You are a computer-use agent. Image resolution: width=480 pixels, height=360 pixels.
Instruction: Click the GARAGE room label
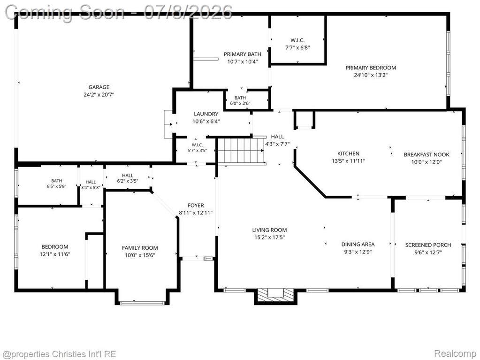[99, 87]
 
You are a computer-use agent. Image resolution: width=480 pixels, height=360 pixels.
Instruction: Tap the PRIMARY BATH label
[243, 54]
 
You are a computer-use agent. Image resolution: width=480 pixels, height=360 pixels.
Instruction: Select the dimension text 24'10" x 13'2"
[371, 75]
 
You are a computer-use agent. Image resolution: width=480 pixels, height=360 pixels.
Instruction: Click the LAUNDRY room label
[206, 114]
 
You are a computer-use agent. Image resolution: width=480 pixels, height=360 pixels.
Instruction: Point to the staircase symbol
[241, 151]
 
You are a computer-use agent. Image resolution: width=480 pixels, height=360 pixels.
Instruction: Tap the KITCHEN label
[348, 153]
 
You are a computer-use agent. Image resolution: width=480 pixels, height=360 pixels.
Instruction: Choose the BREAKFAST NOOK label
[427, 154]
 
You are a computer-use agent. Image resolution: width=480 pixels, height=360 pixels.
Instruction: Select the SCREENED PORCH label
[428, 245]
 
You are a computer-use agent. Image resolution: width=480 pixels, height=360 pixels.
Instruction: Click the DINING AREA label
[358, 244]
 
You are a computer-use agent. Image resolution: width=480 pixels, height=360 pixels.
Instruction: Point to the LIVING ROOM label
[269, 230]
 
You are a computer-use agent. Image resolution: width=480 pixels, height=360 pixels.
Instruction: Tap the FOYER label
[196, 206]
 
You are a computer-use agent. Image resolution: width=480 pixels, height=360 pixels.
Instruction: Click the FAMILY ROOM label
[140, 248]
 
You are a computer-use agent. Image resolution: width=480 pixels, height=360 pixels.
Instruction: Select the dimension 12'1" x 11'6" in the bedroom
[55, 254]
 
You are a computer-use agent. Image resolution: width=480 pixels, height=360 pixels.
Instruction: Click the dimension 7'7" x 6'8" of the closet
[297, 47]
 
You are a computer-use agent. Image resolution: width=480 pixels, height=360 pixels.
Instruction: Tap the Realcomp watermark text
[455, 354]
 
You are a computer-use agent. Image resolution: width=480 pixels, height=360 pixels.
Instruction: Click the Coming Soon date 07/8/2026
[188, 13]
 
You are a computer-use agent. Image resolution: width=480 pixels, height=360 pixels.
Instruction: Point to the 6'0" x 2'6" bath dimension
[240, 103]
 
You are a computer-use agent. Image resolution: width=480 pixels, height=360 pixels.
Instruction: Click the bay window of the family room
[142, 303]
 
